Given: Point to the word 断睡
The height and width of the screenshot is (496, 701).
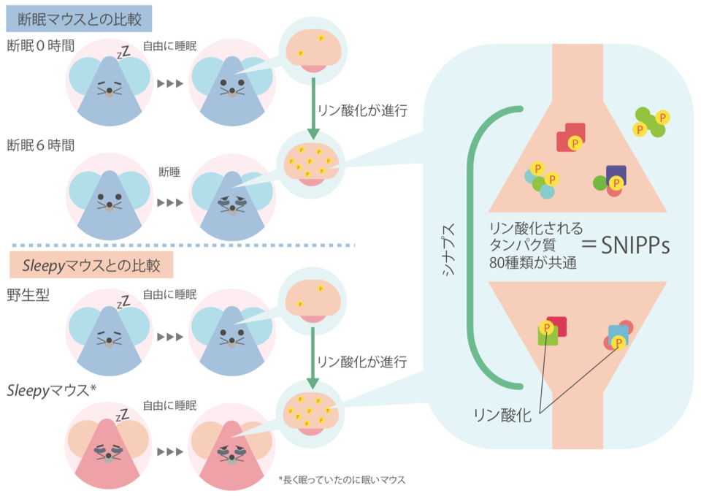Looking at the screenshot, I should tap(169, 172).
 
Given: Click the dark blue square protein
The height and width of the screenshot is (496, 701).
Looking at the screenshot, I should tap(616, 174).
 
